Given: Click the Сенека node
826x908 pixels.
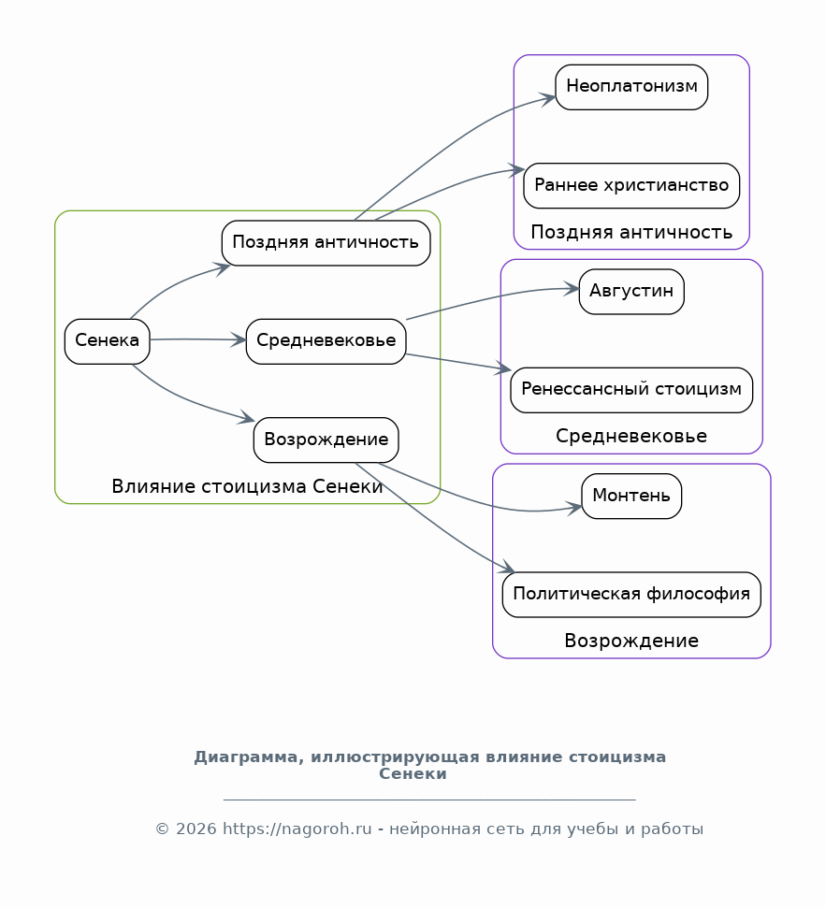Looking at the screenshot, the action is point(108,341).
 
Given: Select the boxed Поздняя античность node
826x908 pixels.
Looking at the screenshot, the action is point(326,243).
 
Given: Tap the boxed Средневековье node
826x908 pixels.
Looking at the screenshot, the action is point(326,341).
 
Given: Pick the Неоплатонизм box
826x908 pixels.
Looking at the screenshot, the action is point(631,87).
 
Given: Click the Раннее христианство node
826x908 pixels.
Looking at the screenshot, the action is point(631,186).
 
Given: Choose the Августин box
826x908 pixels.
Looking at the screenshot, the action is point(631,292).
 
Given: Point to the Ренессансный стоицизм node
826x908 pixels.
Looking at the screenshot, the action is point(631,390).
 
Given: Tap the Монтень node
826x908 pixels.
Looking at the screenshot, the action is point(631,497).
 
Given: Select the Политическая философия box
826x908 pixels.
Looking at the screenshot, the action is point(631,595).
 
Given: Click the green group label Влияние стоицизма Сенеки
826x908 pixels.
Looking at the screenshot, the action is point(247,486).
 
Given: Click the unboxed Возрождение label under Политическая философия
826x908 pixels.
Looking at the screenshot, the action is point(631,641).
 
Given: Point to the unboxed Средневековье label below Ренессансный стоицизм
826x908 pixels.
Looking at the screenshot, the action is point(631,436).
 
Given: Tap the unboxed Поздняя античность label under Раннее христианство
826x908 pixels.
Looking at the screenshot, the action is point(631,232).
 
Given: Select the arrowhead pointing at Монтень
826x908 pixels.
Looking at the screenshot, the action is point(574,509).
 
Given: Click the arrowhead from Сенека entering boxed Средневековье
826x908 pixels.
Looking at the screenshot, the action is point(239,340).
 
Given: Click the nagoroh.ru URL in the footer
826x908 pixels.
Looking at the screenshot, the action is point(297,829).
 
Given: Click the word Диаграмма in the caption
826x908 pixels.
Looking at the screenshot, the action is point(249,757).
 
